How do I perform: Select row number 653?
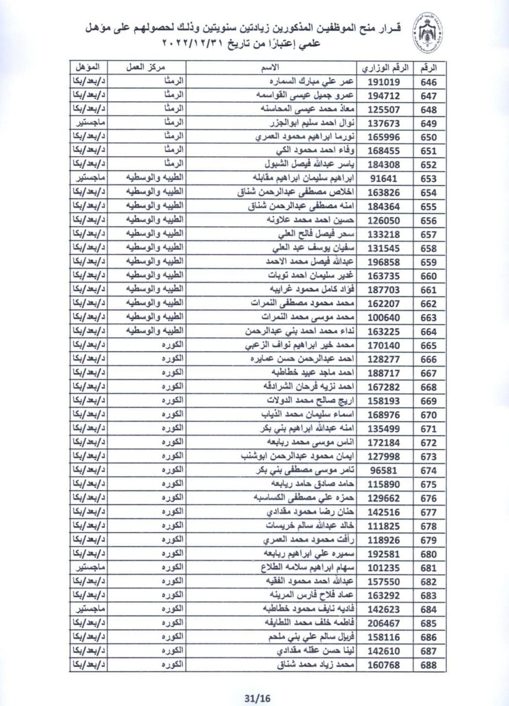429,179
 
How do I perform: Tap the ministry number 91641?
383,179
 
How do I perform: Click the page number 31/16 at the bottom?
257,698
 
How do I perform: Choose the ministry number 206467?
383,624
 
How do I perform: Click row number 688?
429,665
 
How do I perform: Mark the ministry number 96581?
383,471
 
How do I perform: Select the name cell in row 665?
301,345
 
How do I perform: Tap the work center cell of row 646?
173,81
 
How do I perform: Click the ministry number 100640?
383,318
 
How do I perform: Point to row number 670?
429,415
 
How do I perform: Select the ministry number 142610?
383,651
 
